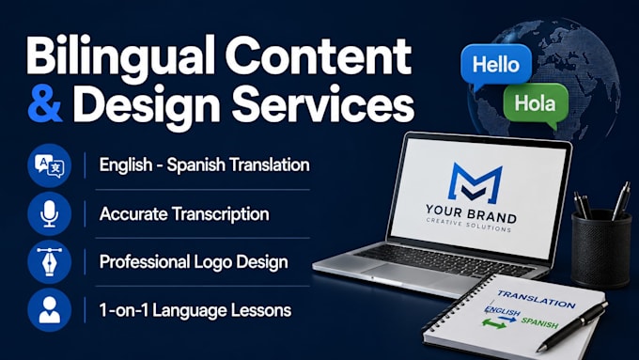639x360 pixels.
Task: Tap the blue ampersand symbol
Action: [x=45, y=103]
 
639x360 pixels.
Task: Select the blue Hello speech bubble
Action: [x=496, y=66]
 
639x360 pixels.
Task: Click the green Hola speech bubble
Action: [x=536, y=104]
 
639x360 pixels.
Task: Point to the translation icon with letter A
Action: [x=49, y=165]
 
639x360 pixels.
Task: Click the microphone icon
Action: [x=49, y=214]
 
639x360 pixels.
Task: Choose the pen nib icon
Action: [x=49, y=262]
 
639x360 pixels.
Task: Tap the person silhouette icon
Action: [x=49, y=310]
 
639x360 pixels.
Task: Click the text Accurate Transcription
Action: [x=184, y=214]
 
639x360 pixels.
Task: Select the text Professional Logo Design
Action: [x=194, y=262]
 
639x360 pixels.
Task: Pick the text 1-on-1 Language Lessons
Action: [x=195, y=310]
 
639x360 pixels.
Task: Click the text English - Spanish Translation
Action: [x=205, y=165]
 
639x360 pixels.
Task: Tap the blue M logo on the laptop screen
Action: [x=475, y=183]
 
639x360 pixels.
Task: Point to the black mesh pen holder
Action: [x=601, y=249]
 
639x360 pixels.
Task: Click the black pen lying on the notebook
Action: [x=572, y=326]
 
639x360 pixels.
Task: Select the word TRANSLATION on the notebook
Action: [x=537, y=300]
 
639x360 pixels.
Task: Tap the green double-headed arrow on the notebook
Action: [x=493, y=324]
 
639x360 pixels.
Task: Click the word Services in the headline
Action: [x=322, y=103]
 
